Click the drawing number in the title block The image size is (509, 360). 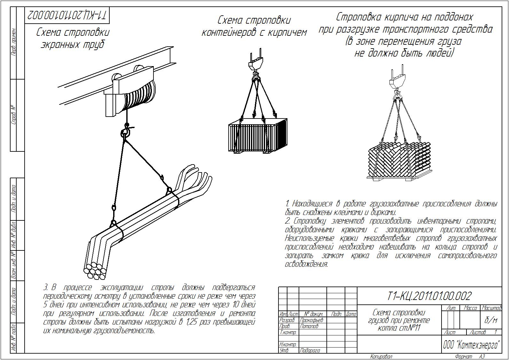click(x=429, y=296)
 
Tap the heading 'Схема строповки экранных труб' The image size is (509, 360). click(x=73, y=38)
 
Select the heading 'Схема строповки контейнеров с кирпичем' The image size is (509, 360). click(x=254, y=26)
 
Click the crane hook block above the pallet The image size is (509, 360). click(x=396, y=80)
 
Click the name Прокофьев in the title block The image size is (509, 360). click(x=312, y=320)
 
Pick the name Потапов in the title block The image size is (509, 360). click(x=309, y=326)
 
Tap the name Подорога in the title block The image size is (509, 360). click(x=310, y=350)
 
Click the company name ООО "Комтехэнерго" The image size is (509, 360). click(x=471, y=345)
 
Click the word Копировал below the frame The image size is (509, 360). click(x=381, y=356)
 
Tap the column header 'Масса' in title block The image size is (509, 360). click(x=470, y=308)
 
